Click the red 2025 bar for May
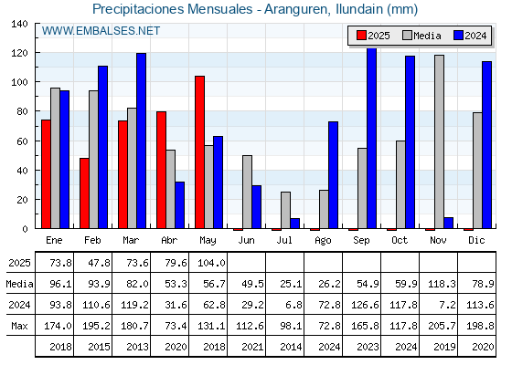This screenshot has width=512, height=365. (199, 151)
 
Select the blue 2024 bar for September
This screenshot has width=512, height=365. (371, 138)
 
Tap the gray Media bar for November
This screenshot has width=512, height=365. (439, 141)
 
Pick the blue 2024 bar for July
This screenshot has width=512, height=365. (294, 224)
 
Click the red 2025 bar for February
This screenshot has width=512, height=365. (84, 193)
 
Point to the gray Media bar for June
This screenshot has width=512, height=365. (247, 192)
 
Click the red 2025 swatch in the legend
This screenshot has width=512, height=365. (361, 36)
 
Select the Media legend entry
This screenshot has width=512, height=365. (421, 36)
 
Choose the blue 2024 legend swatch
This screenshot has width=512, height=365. (458, 36)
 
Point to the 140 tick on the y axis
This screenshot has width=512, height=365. (19, 24)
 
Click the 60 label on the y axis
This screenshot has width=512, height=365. (22, 141)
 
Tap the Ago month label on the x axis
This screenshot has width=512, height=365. (323, 241)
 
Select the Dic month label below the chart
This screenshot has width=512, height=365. (476, 240)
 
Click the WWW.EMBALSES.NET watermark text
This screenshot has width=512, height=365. (101, 31)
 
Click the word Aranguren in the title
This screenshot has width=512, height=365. (296, 9)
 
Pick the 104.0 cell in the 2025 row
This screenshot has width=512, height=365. (211, 263)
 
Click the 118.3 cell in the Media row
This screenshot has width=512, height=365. (442, 284)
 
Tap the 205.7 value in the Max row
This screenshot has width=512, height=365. (442, 326)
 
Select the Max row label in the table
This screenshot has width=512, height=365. (19, 326)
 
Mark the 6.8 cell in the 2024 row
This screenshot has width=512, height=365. (293, 305)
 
